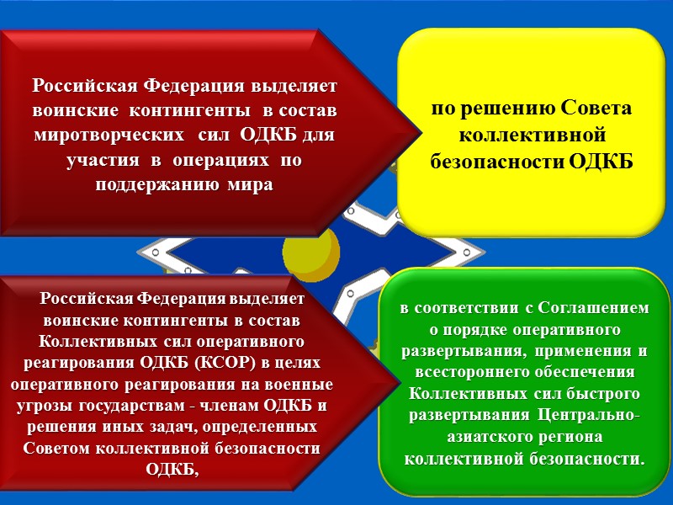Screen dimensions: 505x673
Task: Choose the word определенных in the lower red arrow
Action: click(270, 427)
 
